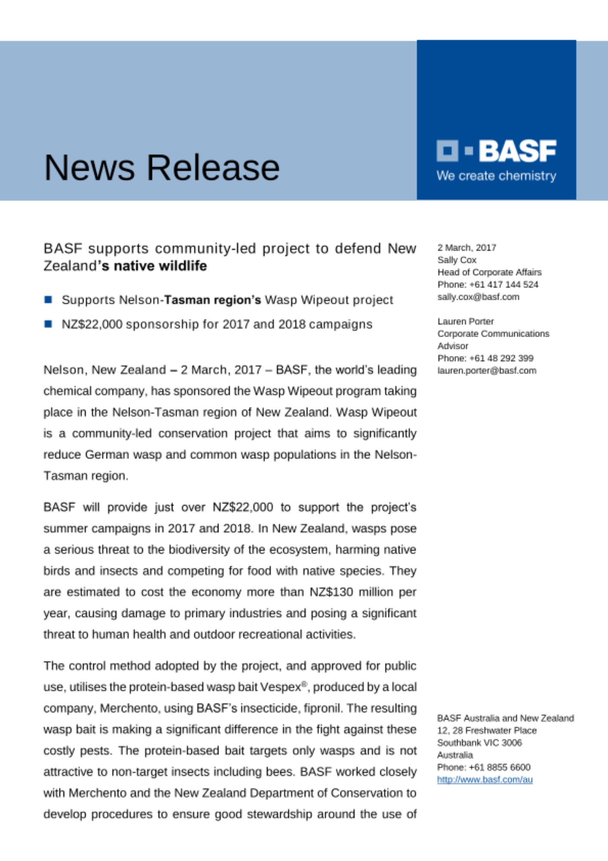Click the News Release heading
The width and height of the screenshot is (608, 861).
(162, 167)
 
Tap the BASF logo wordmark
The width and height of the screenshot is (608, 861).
(517, 151)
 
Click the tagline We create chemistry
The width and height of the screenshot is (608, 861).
(496, 176)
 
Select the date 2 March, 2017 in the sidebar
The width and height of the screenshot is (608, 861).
(467, 248)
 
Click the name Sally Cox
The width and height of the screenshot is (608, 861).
(457, 260)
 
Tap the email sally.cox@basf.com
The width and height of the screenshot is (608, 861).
(478, 297)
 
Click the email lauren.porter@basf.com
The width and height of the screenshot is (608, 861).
(487, 370)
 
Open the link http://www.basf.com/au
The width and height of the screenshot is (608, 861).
(485, 779)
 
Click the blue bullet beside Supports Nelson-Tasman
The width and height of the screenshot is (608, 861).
(48, 300)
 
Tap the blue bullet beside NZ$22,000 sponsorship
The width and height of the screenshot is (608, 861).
(48, 324)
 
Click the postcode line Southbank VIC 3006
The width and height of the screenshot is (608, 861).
(479, 743)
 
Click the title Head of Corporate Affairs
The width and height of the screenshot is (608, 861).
(489, 272)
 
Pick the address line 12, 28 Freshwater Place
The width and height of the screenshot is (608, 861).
(487, 731)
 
